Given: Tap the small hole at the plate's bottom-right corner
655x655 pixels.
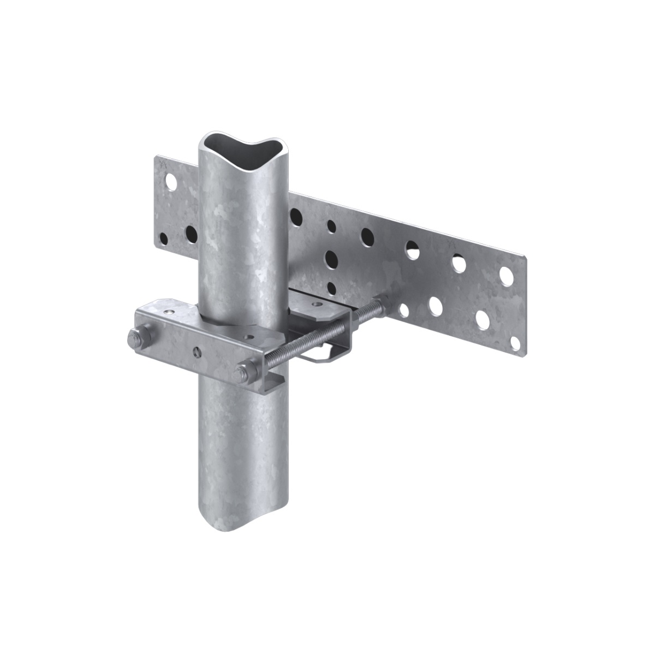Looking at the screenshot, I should pyautogui.click(x=514, y=342).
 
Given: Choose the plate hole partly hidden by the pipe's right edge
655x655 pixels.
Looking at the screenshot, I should pyautogui.click(x=295, y=217).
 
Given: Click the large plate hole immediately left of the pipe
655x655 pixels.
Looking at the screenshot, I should pyautogui.click(x=190, y=234).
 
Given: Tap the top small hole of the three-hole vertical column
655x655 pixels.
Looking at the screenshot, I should pyautogui.click(x=331, y=225).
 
